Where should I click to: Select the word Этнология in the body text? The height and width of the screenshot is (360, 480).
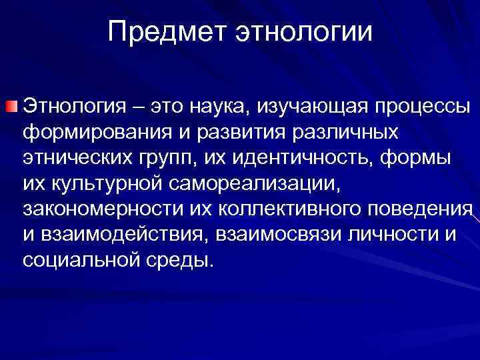[79, 107]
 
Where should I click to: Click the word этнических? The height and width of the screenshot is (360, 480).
[85, 157]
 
